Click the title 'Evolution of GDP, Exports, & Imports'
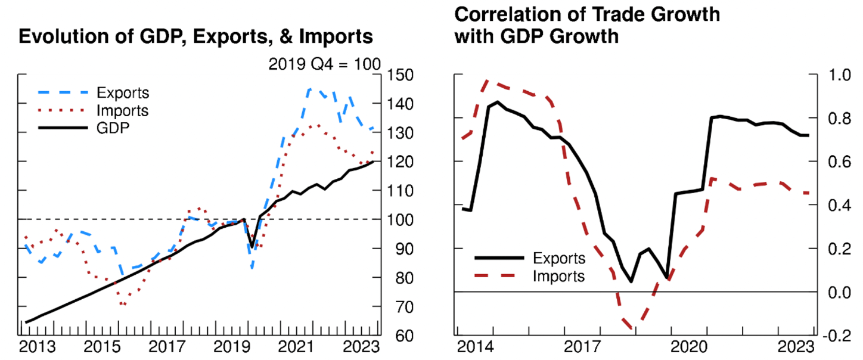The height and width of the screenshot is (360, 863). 196,37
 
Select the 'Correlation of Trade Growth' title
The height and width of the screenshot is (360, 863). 586,14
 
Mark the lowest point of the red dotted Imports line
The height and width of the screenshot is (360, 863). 123,305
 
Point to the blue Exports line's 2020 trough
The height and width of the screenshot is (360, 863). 252,268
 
